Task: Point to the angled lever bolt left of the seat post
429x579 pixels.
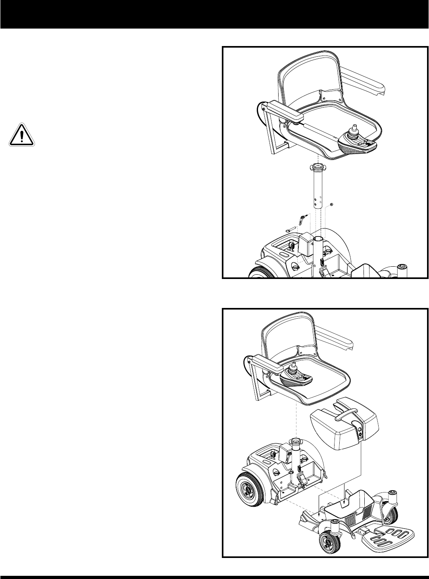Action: click(302, 219)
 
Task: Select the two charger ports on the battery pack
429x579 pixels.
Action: click(360, 433)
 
